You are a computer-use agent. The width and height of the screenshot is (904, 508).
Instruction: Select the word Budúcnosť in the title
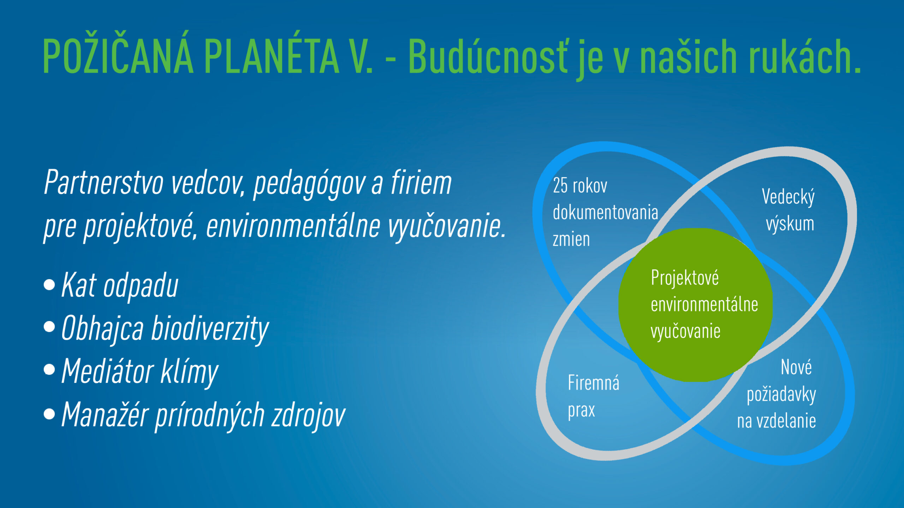tap(488, 55)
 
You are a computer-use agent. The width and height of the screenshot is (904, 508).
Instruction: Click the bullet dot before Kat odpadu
tap(49, 284)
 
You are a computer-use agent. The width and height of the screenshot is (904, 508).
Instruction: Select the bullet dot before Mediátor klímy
tap(49, 370)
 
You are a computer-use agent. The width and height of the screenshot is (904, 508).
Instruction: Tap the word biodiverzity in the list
tap(210, 329)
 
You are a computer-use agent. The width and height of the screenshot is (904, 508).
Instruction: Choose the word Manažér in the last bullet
tap(105, 414)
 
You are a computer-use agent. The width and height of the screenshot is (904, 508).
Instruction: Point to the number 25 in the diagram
tap(560, 186)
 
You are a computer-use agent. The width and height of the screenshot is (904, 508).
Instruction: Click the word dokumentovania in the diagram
tap(605, 212)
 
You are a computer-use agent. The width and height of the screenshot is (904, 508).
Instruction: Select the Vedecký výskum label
tap(789, 210)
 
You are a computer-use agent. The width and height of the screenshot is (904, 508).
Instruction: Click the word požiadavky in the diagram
tap(781, 395)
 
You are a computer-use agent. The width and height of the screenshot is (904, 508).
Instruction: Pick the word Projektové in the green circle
tap(685, 278)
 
